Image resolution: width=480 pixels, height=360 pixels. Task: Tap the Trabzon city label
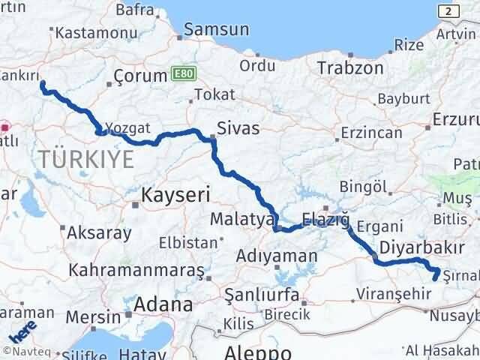coord(350,67)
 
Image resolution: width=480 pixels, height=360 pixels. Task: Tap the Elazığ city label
coord(325,220)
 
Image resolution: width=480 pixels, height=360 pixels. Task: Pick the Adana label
coord(164,304)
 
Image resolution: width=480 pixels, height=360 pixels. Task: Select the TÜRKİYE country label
coord(88,159)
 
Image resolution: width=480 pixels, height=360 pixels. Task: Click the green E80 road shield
coord(181,73)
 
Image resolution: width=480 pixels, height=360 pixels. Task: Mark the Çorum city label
coord(139,76)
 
